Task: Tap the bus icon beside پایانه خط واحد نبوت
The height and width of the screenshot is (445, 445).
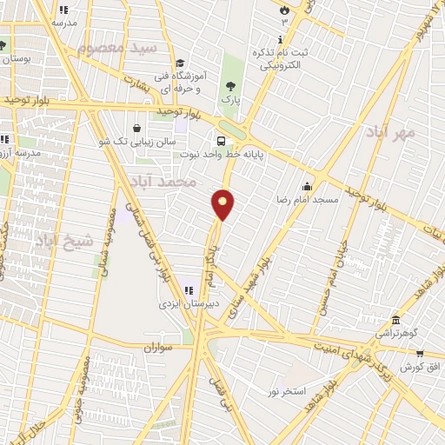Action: (222, 140)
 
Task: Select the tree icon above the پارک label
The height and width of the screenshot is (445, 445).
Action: (230, 86)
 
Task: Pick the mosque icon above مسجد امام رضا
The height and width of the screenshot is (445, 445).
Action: (307, 186)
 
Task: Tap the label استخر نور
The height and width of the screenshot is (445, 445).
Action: (286, 392)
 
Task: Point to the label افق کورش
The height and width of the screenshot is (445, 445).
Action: (416, 367)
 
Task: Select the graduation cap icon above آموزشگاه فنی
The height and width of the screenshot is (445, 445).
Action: (180, 62)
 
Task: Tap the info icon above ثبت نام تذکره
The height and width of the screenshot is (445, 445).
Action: (279, 39)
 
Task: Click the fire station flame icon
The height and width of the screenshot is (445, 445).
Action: (283, 7)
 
